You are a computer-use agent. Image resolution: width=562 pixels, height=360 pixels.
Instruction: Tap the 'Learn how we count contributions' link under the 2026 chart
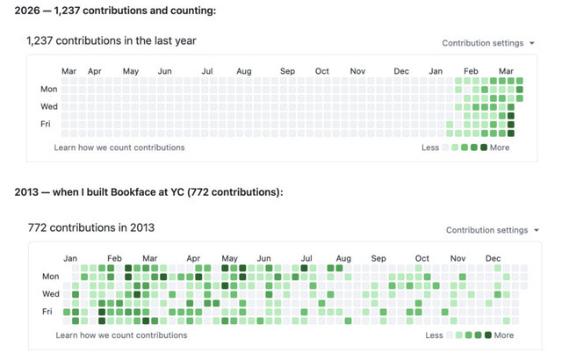(x=119, y=148)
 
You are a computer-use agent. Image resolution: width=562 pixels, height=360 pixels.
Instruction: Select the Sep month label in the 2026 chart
(x=288, y=71)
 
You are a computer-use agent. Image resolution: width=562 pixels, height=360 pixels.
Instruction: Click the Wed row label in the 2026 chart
(x=49, y=106)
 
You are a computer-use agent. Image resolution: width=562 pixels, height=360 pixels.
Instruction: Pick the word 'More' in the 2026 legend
(x=500, y=148)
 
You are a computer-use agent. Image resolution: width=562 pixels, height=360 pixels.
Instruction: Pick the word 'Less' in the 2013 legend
(x=434, y=335)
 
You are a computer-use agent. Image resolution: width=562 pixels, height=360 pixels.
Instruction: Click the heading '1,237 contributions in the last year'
(x=112, y=40)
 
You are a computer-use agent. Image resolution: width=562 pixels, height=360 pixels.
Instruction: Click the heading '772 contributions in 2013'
(x=91, y=228)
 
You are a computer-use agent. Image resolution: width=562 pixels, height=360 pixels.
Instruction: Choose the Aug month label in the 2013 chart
(x=343, y=259)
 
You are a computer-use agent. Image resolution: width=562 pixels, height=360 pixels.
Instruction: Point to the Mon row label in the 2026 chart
(x=49, y=89)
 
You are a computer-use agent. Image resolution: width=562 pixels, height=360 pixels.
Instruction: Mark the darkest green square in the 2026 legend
(x=484, y=148)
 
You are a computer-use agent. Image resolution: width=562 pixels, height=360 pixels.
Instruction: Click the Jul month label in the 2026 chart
(x=207, y=71)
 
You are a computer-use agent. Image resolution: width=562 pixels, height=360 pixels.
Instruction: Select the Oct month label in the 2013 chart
(x=422, y=259)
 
